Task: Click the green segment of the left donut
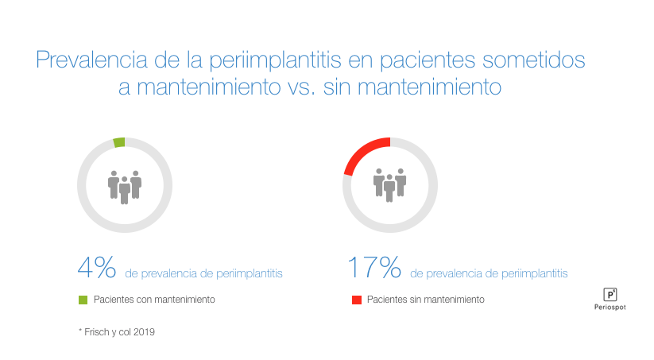tap(119, 143)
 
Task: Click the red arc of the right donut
tap(363, 149)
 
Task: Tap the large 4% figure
tap(97, 269)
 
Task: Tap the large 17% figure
tap(374, 269)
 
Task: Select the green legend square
tap(82, 300)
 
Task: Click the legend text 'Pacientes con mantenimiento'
tap(154, 300)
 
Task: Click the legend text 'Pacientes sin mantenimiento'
tap(425, 300)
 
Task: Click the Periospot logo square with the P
tap(610, 292)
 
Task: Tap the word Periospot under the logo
tap(610, 308)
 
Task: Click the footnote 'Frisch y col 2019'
tap(119, 331)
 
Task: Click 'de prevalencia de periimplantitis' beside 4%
tap(203, 273)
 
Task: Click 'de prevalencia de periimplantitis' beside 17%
tap(489, 273)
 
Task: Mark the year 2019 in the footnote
tap(144, 331)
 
